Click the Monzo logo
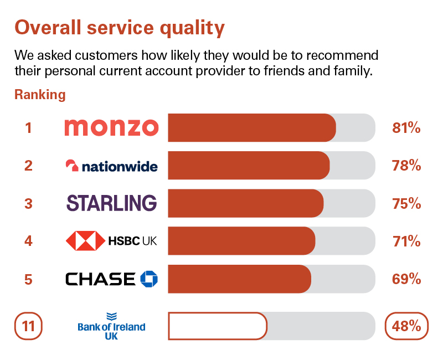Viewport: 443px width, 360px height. click(x=111, y=127)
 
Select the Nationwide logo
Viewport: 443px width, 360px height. click(x=111, y=166)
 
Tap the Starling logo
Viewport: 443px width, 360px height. click(x=111, y=203)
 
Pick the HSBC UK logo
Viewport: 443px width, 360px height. click(x=111, y=241)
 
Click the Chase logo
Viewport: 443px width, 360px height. click(x=111, y=279)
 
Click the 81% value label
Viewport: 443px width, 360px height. click(x=406, y=128)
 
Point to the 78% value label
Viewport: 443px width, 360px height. click(x=406, y=166)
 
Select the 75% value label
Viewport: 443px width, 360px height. click(x=406, y=203)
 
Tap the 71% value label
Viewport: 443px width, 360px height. click(x=406, y=241)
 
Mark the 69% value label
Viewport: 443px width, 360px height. click(x=406, y=279)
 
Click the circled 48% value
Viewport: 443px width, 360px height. click(x=406, y=326)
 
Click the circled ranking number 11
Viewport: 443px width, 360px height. click(x=29, y=326)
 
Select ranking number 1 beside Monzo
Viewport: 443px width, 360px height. click(x=28, y=128)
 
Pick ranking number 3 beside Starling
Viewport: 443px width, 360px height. click(x=28, y=203)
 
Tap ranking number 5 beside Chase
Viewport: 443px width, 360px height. click(x=28, y=279)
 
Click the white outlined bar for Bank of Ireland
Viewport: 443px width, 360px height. click(x=217, y=326)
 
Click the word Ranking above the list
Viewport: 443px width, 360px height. click(x=40, y=95)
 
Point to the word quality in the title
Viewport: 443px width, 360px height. click(x=188, y=27)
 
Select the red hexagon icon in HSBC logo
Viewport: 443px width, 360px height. click(x=85, y=241)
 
